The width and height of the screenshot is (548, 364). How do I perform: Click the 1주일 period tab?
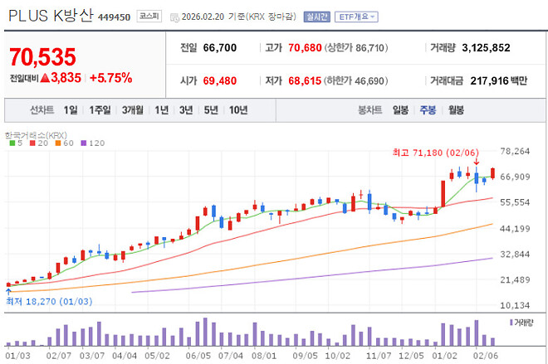pyautogui.click(x=100, y=109)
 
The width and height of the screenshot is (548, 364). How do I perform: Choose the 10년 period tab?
pyautogui.click(x=238, y=109)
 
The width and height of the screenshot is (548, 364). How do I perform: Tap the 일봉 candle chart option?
pyautogui.click(x=401, y=109)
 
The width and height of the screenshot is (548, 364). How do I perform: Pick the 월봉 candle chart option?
pyautogui.click(x=456, y=109)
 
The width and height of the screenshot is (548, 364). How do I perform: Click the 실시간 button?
pyautogui.click(x=317, y=17)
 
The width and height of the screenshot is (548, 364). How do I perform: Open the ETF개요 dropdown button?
pyautogui.click(x=357, y=17)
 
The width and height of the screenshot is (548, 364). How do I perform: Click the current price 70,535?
pyautogui.click(x=42, y=57)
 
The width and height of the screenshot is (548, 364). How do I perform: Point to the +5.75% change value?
pyautogui.click(x=110, y=78)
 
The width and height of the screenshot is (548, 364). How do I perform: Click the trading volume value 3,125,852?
pyautogui.click(x=486, y=47)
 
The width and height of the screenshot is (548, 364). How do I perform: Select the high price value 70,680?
pyautogui.click(x=302, y=47)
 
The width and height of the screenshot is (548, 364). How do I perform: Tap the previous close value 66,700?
pyautogui.click(x=219, y=47)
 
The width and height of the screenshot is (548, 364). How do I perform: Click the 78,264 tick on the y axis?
pyautogui.click(x=516, y=151)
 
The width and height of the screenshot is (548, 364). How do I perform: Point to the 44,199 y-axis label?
pyautogui.click(x=516, y=228)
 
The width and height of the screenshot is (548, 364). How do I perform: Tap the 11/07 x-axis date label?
pyautogui.click(x=379, y=354)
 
